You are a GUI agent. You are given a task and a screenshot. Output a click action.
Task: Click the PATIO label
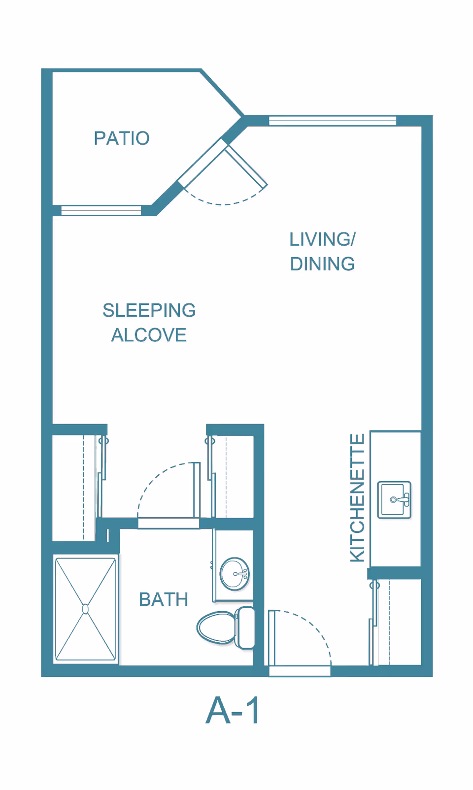pyautogui.click(x=122, y=138)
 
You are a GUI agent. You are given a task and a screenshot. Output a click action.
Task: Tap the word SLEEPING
pyautogui.click(x=149, y=310)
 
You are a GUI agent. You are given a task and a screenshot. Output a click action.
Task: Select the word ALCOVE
pyautogui.click(x=149, y=335)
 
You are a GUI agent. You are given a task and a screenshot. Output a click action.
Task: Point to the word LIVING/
pyautogui.click(x=322, y=239)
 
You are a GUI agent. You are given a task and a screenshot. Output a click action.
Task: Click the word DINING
pyautogui.click(x=322, y=264)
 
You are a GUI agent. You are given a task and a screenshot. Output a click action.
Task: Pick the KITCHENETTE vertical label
pyautogui.click(x=357, y=497)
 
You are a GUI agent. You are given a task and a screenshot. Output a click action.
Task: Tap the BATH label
pyautogui.click(x=164, y=599)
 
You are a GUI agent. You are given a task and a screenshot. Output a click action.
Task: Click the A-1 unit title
pyautogui.click(x=233, y=711)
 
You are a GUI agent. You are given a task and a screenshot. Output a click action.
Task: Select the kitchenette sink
pyautogui.click(x=394, y=500)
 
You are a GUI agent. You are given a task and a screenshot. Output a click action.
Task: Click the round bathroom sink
pyautogui.click(x=235, y=574)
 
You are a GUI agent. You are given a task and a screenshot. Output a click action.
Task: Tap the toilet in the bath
pyautogui.click(x=226, y=628)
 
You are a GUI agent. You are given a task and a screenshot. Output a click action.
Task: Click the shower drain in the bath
pyautogui.click(x=85, y=609)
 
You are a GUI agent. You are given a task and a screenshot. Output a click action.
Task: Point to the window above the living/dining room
pyautogui.click(x=333, y=121)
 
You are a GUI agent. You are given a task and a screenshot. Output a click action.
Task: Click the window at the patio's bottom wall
pyautogui.click(x=101, y=210)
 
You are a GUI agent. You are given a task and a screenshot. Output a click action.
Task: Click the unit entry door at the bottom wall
pyautogui.click(x=300, y=671)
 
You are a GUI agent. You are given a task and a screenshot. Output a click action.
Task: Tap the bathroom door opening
pyautogui.click(x=169, y=523)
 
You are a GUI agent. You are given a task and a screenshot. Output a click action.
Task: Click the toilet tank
pyautogui.click(x=245, y=628)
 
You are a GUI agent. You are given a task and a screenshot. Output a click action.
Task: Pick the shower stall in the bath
pyautogui.click(x=85, y=609)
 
